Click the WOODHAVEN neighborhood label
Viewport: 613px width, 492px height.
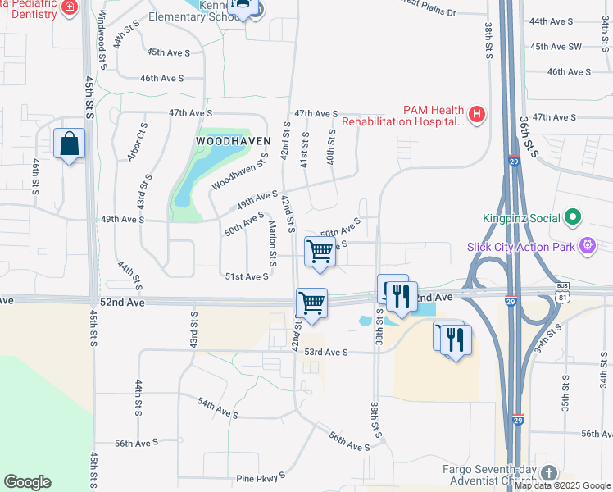[x=233, y=141]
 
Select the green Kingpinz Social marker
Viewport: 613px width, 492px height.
[x=573, y=218]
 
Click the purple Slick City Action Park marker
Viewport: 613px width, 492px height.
[x=587, y=245]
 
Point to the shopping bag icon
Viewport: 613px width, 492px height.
[x=70, y=144]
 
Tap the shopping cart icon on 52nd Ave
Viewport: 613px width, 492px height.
[x=311, y=303]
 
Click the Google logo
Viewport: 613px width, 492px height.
[x=27, y=482]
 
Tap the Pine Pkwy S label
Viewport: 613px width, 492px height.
[x=261, y=476]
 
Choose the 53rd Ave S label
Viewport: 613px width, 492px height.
[x=326, y=352]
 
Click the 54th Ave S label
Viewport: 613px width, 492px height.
[x=217, y=408]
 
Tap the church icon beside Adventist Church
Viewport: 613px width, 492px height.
[x=547, y=473]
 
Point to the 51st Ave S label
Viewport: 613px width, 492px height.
[x=247, y=277]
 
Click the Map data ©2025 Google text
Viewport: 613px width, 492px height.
[x=562, y=485]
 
